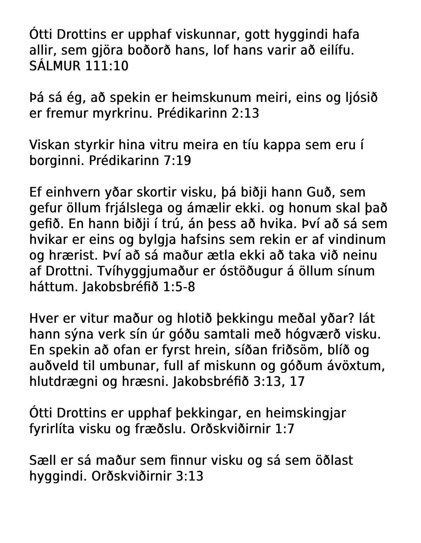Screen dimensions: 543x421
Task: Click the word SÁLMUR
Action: [55, 66]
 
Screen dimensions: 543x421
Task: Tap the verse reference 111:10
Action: [107, 66]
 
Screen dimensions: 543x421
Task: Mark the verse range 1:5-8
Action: [178, 287]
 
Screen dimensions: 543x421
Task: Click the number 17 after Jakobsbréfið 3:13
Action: [297, 382]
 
